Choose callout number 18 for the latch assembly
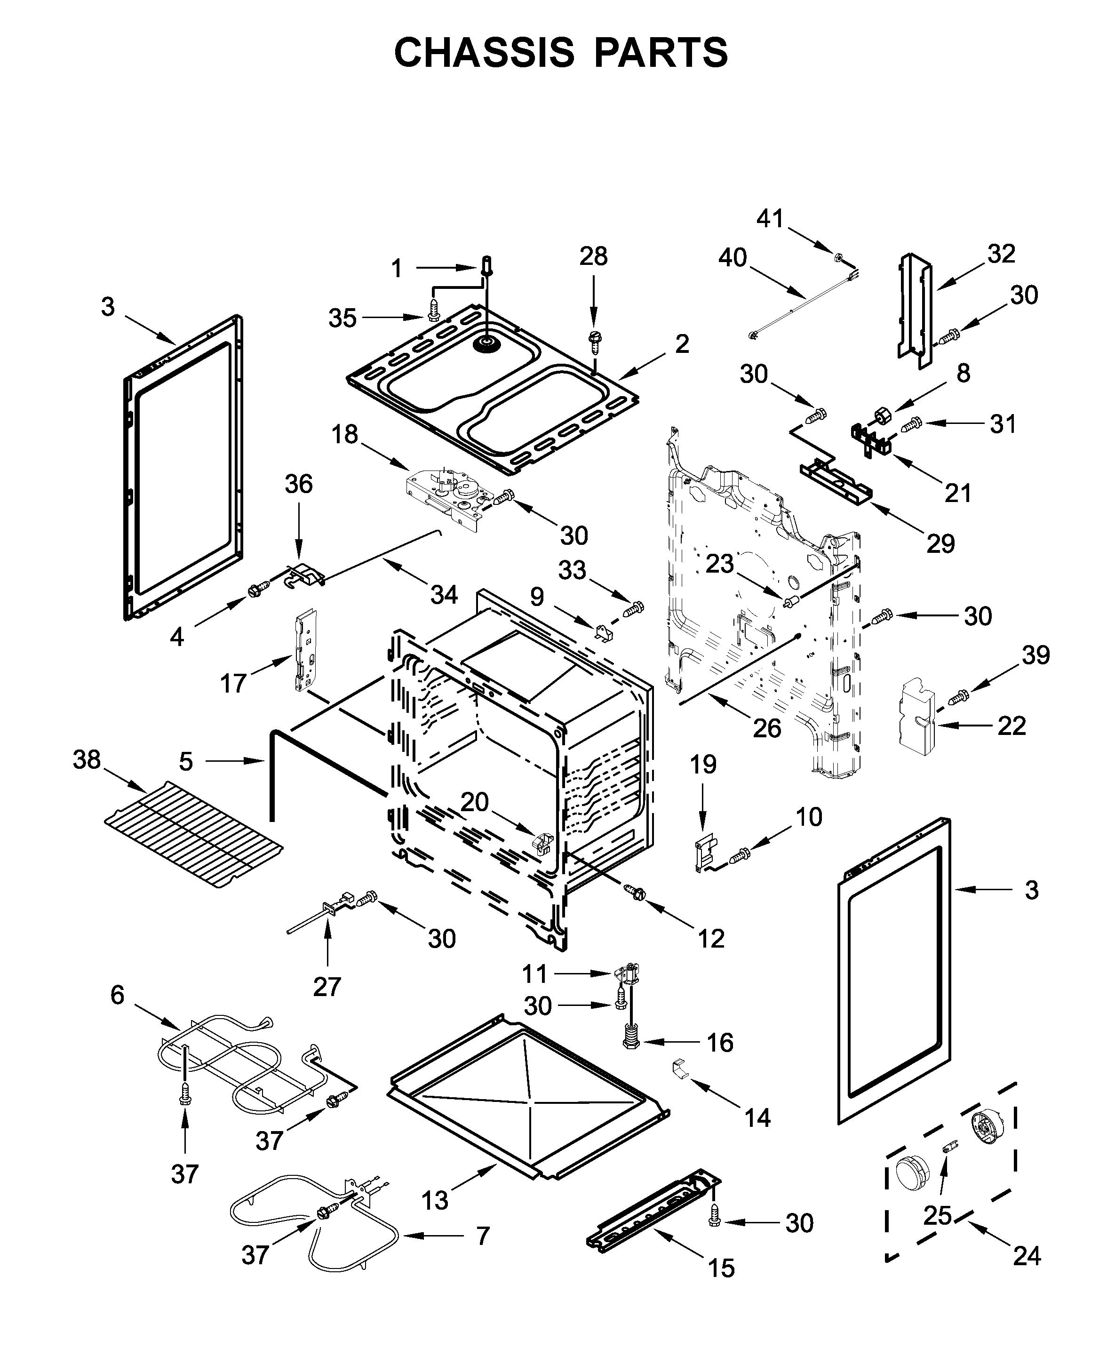(345, 434)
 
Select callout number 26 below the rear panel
(767, 728)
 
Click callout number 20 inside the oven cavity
(475, 802)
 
